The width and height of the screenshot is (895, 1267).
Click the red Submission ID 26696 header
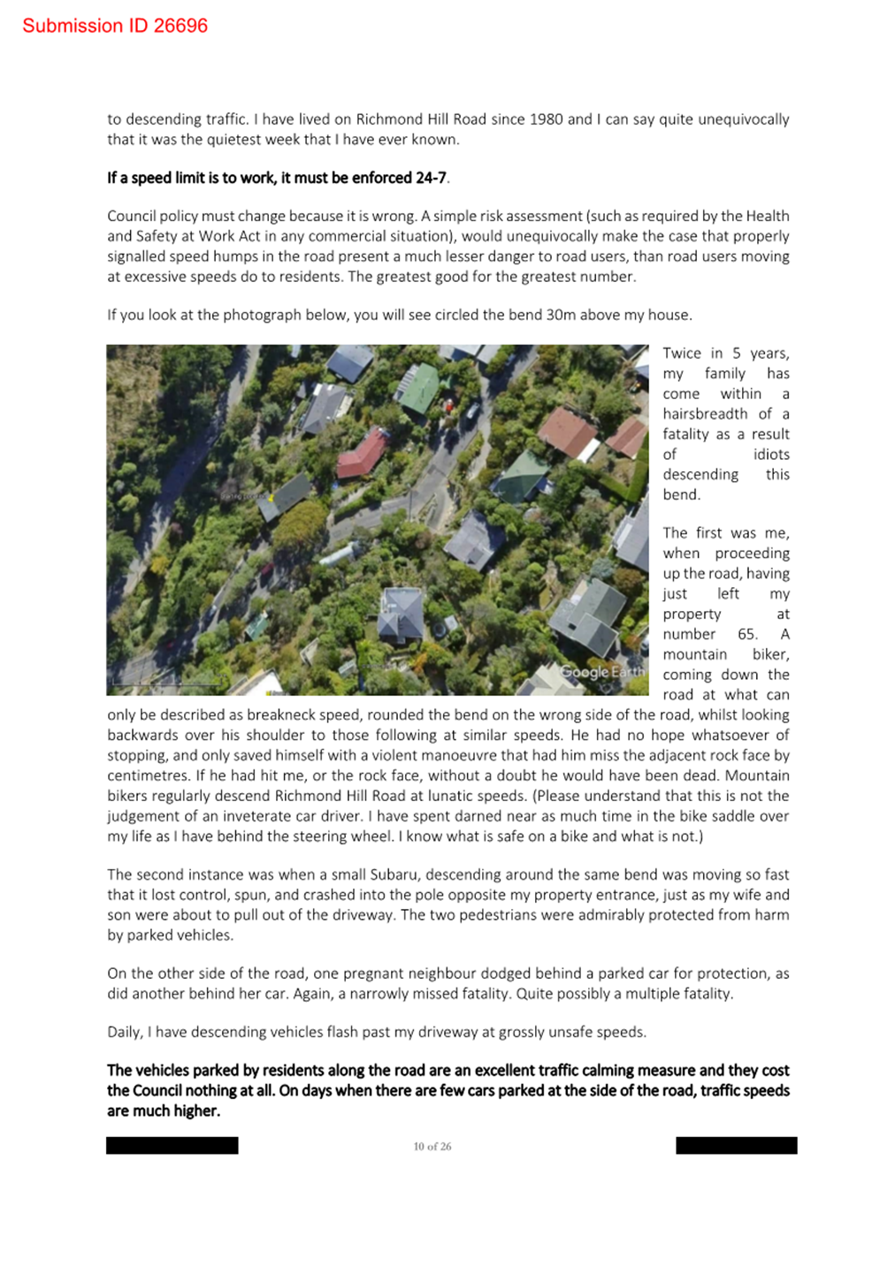[115, 26]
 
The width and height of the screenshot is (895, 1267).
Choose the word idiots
[771, 454]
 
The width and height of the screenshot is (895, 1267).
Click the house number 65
[747, 634]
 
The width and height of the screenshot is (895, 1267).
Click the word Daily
[125, 1032]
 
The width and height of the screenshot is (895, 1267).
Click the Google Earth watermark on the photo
[602, 672]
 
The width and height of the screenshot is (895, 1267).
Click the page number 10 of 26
[432, 1147]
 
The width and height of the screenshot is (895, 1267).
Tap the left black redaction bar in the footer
[172, 1146]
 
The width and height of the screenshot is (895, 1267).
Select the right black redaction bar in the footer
[736, 1146]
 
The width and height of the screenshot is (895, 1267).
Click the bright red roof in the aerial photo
[361, 454]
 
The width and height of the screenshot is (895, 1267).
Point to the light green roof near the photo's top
[419, 387]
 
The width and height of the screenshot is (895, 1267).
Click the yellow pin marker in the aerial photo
[271, 498]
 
